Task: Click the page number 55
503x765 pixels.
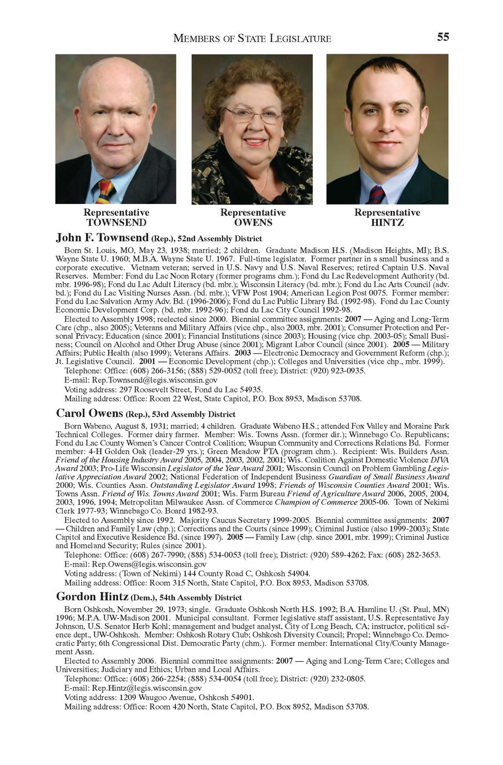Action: [443, 37]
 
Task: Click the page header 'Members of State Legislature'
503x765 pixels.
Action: [252, 38]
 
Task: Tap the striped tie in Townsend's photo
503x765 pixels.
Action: [105, 192]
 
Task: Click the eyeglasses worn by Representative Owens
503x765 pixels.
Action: [253, 115]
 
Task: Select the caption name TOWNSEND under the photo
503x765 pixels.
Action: [116, 223]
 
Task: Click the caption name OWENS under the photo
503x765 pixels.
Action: [253, 223]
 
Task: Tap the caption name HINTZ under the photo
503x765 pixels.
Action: [387, 223]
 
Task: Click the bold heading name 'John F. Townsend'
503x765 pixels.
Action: [102, 238]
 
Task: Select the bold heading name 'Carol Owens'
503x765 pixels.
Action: [90, 413]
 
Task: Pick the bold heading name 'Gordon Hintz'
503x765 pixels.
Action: [93, 596]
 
